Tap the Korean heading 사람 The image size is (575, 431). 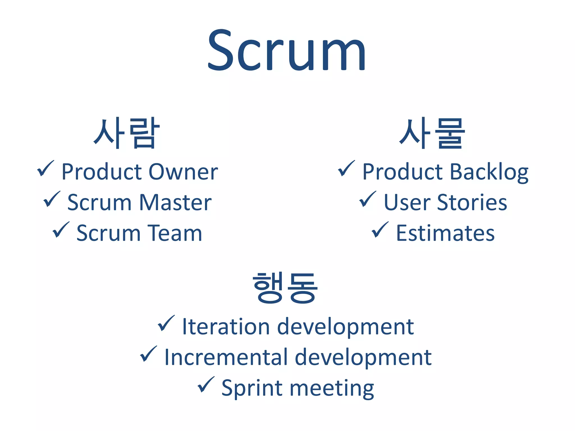[x=126, y=133]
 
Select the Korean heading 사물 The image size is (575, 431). [x=432, y=133]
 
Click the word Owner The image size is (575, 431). [x=183, y=172]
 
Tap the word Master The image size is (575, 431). [x=175, y=202]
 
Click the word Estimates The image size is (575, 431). [x=445, y=233]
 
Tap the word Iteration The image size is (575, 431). [x=226, y=327]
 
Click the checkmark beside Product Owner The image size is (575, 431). [x=45, y=169]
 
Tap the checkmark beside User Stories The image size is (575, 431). [x=368, y=199]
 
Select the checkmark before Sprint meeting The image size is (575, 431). [x=206, y=385]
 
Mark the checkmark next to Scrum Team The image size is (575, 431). [x=61, y=230]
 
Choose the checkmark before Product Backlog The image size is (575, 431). [x=346, y=169]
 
